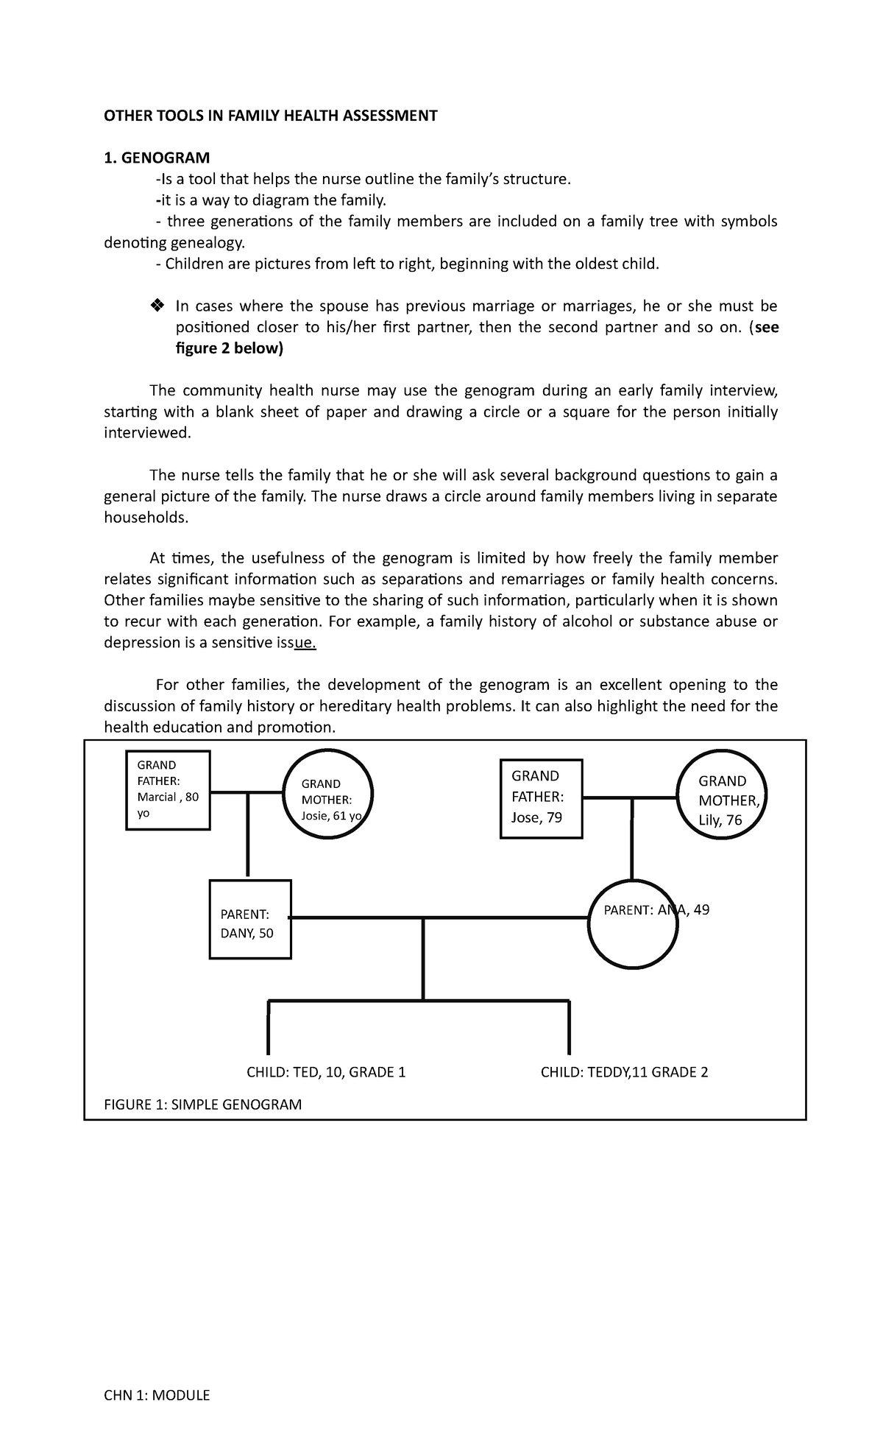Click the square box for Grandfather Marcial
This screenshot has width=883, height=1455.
pyautogui.click(x=168, y=790)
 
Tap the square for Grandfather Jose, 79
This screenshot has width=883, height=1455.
pyautogui.click(x=541, y=799)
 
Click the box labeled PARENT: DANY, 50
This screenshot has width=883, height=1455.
pyautogui.click(x=249, y=919)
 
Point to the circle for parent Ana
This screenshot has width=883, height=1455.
pyautogui.click(x=633, y=924)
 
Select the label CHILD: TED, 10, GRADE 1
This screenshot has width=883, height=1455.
pyautogui.click(x=326, y=1072)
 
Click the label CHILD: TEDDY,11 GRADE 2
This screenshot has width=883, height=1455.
pyautogui.click(x=624, y=1072)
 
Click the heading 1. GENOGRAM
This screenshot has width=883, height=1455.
pyautogui.click(x=157, y=158)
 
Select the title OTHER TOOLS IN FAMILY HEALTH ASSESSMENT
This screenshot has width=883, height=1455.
pyautogui.click(x=271, y=116)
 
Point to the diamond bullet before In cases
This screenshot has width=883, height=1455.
pyautogui.click(x=156, y=306)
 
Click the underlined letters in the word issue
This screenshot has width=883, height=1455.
pyautogui.click(x=305, y=643)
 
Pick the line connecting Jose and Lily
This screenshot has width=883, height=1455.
pyautogui.click(x=630, y=797)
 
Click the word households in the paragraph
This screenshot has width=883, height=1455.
pyautogui.click(x=146, y=518)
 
